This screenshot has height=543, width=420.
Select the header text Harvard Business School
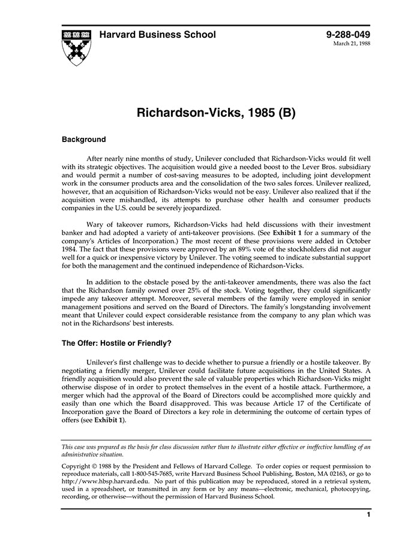[x=157, y=35]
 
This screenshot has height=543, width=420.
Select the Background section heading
[x=84, y=140]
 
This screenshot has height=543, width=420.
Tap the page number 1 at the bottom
[x=368, y=514]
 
